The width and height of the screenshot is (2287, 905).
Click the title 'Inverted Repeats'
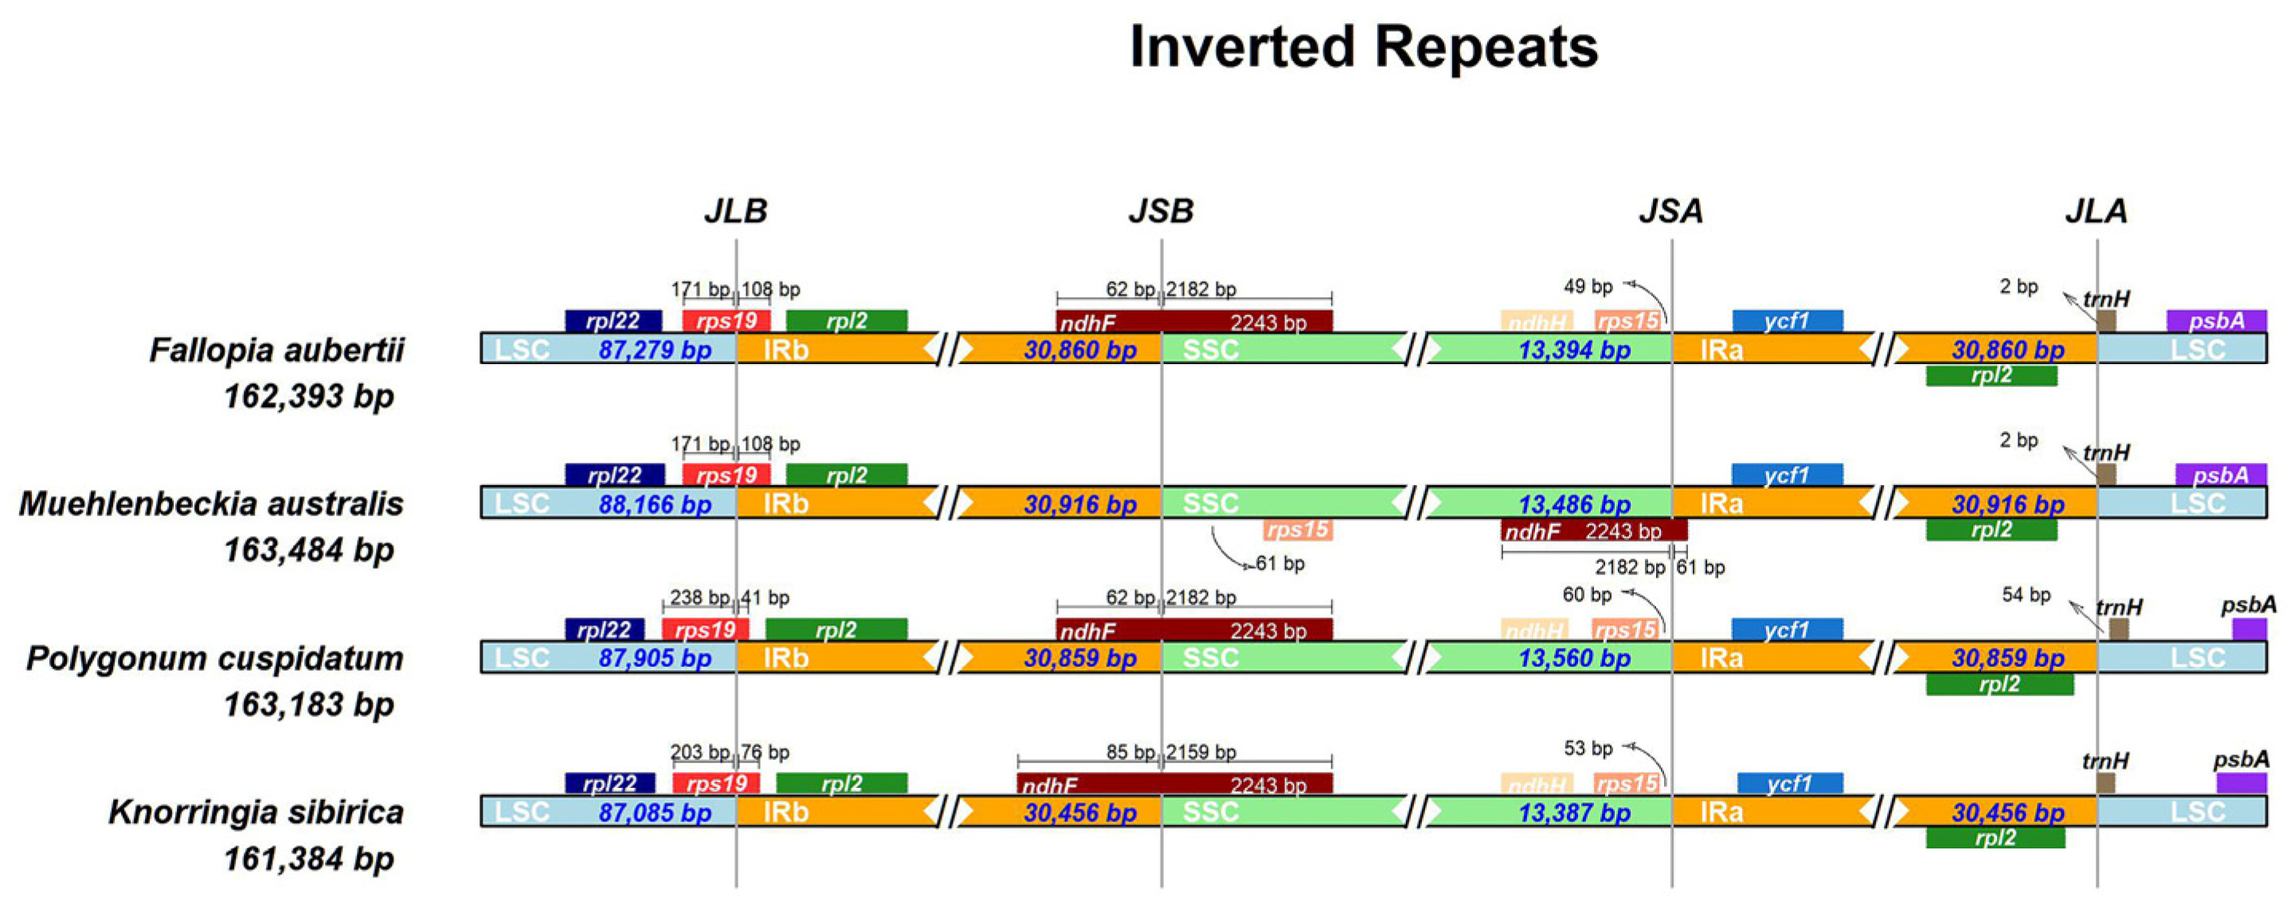pyautogui.click(x=1363, y=46)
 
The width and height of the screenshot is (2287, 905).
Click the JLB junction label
pyautogui.click(x=735, y=211)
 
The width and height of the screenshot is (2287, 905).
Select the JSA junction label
pyautogui.click(x=1671, y=211)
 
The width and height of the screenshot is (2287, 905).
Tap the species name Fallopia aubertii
pyautogui.click(x=276, y=350)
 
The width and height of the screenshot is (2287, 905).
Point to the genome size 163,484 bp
pyautogui.click(x=308, y=550)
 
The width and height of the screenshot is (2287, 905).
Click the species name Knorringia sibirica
pyautogui.click(x=256, y=812)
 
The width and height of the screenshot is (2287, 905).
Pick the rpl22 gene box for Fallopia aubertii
pyautogui.click(x=613, y=320)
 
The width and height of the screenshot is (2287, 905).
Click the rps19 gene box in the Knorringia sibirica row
pyautogui.click(x=715, y=783)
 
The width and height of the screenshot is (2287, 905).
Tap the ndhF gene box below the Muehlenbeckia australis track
pyautogui.click(x=1594, y=531)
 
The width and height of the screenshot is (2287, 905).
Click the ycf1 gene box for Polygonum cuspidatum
pyautogui.click(x=1786, y=629)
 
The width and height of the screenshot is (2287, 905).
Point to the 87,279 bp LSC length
pyautogui.click(x=656, y=350)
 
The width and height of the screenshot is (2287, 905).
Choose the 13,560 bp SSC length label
pyautogui.click(x=1574, y=658)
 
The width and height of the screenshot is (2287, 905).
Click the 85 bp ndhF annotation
pyautogui.click(x=1130, y=752)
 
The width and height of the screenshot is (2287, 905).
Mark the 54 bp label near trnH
pyautogui.click(x=2026, y=595)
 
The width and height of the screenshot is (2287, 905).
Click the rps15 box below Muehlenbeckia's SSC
pyautogui.click(x=1297, y=531)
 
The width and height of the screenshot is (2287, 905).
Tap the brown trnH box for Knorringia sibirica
pyautogui.click(x=2105, y=783)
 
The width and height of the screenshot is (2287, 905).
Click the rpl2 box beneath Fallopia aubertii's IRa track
pyautogui.click(x=1991, y=376)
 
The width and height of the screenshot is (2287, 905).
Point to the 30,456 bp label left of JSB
pyautogui.click(x=1079, y=813)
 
